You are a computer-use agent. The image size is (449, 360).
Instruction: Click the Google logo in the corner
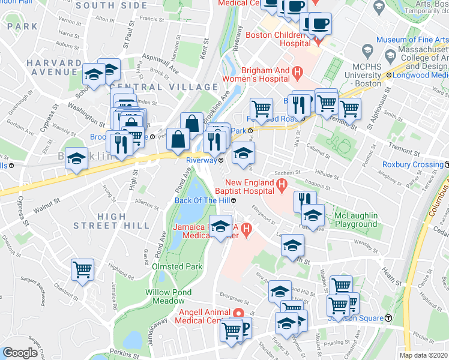(x=20, y=353)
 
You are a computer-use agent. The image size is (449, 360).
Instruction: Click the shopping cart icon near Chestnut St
(x=82, y=269)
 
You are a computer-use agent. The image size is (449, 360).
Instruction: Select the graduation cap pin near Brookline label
(x=76, y=158)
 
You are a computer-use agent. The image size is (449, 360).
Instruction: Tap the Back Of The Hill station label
(x=203, y=200)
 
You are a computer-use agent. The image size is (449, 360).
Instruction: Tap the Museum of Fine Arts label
(x=412, y=40)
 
